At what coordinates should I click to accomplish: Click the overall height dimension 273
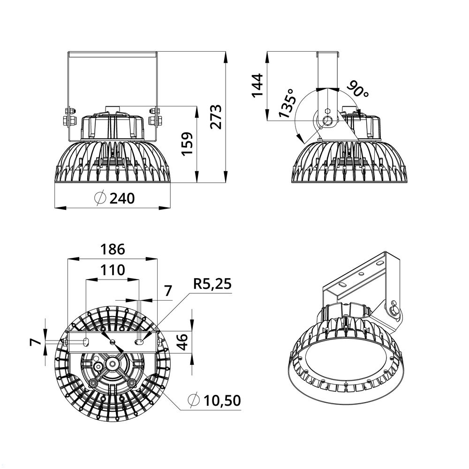click(215, 116)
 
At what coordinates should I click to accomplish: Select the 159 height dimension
click(187, 144)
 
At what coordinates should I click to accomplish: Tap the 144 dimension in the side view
click(257, 85)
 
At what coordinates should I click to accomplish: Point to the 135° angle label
click(287, 103)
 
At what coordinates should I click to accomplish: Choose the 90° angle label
click(358, 89)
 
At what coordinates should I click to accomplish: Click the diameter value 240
click(121, 198)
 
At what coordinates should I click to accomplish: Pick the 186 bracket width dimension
click(113, 249)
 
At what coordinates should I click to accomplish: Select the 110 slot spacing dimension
click(113, 270)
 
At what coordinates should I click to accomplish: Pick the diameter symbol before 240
click(99, 198)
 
